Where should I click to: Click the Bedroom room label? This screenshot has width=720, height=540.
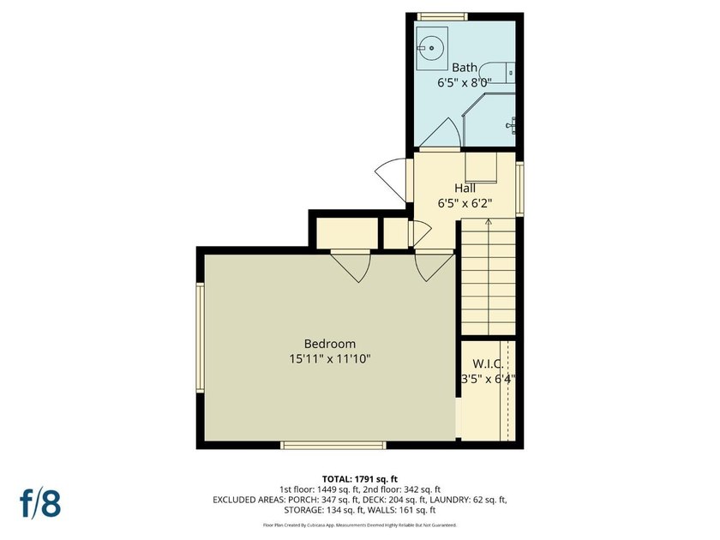pyautogui.click(x=330, y=344)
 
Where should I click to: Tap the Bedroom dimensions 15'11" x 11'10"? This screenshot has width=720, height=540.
pyautogui.click(x=330, y=359)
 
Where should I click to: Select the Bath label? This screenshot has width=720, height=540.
pyautogui.click(x=465, y=68)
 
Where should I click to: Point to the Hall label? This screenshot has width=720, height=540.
pyautogui.click(x=465, y=189)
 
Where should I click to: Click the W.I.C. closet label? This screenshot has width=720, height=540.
pyautogui.click(x=488, y=364)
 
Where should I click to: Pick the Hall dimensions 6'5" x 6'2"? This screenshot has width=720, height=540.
pyautogui.click(x=465, y=203)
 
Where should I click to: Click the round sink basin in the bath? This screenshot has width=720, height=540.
pyautogui.click(x=432, y=48)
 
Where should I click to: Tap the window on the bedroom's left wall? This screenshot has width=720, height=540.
pyautogui.click(x=201, y=338)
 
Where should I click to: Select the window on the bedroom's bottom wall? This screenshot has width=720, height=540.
pyautogui.click(x=333, y=445)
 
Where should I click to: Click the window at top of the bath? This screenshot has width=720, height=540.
pyautogui.click(x=442, y=16)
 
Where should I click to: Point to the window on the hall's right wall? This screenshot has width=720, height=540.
pyautogui.click(x=519, y=189)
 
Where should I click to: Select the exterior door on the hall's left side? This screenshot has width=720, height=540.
pyautogui.click(x=391, y=180)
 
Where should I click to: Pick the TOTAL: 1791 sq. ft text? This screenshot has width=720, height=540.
pyautogui.click(x=359, y=480)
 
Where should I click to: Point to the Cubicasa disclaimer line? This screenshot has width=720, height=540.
pyautogui.click(x=359, y=525)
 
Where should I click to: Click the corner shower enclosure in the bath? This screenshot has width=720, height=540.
pyautogui.click(x=489, y=120)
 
